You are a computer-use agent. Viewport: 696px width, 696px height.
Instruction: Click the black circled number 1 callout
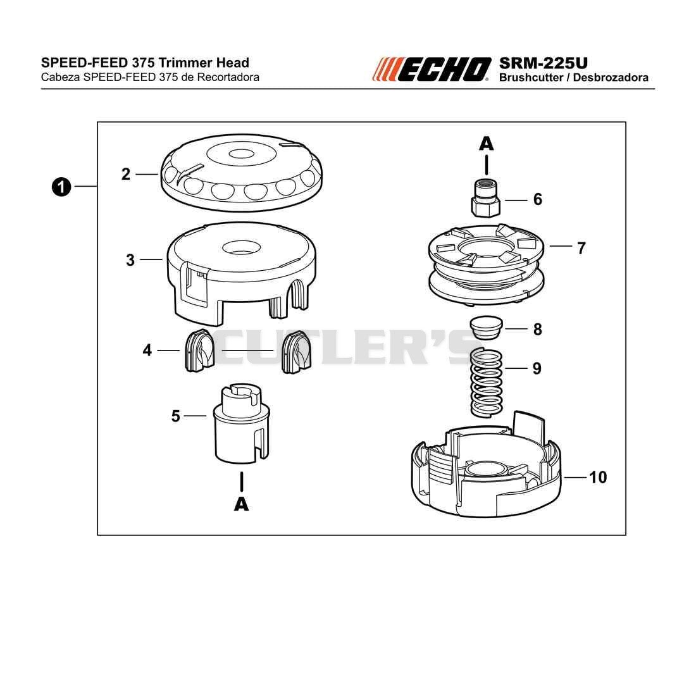61,187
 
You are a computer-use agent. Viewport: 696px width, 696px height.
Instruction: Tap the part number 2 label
126,174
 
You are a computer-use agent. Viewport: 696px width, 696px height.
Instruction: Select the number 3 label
130,259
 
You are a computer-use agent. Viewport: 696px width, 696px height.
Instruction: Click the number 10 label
598,477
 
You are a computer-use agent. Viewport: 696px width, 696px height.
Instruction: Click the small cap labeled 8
486,328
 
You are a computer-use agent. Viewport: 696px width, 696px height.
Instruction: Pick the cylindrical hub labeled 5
242,424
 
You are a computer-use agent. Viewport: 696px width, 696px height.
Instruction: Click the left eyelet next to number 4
199,351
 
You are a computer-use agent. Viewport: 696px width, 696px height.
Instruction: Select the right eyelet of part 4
297,351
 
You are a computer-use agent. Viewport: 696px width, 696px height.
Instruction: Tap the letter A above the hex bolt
487,144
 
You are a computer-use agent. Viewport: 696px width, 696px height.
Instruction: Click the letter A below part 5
242,504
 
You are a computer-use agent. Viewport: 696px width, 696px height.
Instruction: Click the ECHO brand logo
432,69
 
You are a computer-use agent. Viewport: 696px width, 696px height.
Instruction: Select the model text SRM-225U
544,63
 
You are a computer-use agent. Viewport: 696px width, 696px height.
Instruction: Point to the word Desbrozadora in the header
611,77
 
